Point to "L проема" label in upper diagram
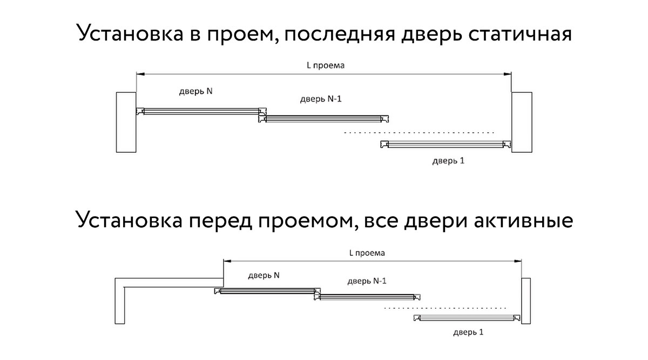[x=326, y=66]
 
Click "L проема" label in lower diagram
[x=367, y=253]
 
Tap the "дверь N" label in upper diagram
[x=195, y=91]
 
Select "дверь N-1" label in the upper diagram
[x=321, y=99]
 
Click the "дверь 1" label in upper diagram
[x=448, y=161]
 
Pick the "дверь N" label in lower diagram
[x=264, y=275]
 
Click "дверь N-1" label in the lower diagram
[x=367, y=281]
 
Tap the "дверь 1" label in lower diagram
[x=468, y=332]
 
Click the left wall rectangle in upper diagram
[x=126, y=123]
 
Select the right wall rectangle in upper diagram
[x=522, y=123]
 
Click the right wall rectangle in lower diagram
[x=526, y=301]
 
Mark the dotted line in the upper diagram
[x=419, y=133]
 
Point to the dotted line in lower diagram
[x=445, y=308]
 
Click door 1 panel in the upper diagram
[x=446, y=144]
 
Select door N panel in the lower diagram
[x=267, y=291]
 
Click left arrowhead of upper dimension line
[x=140, y=74]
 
